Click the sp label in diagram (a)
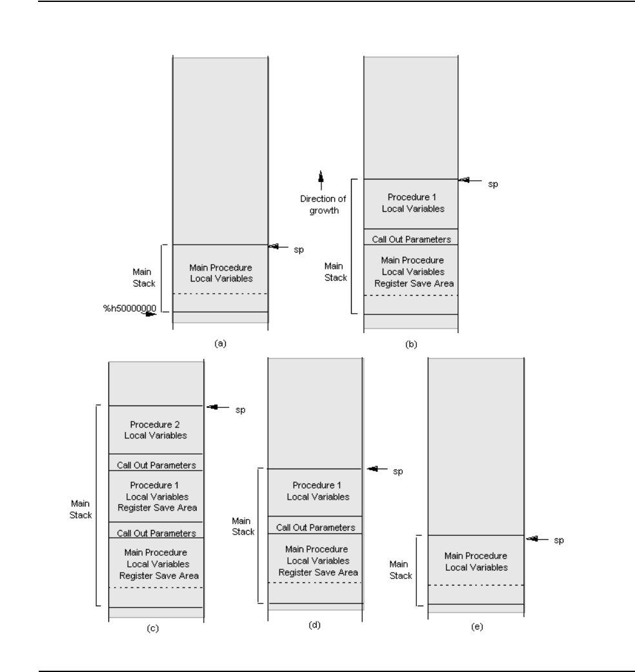298,249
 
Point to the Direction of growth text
321,205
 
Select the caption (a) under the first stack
220,344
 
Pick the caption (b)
411,345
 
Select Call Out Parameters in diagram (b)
411,238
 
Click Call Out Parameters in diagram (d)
316,527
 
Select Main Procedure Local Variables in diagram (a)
220,273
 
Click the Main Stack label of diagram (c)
81,509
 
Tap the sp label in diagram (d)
398,472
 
